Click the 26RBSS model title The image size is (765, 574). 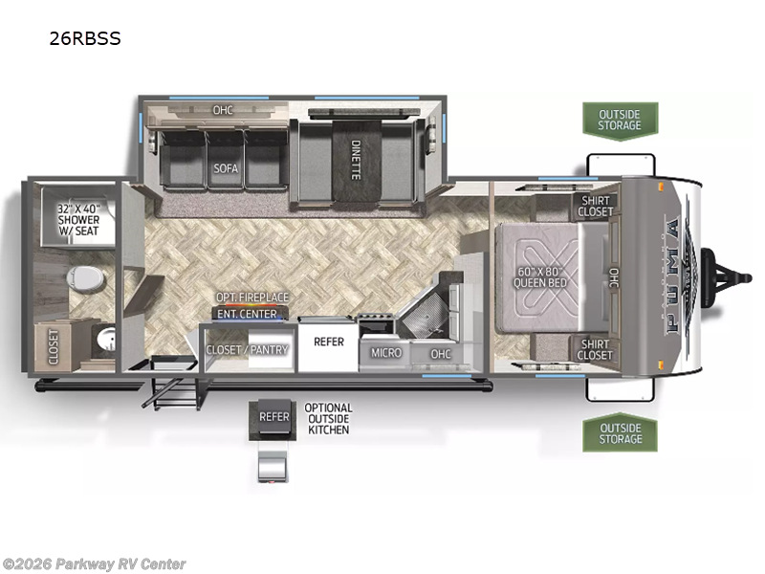coord(85,38)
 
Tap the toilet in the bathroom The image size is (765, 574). coord(85,278)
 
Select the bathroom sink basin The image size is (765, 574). coord(105,339)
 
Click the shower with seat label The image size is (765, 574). coord(78,220)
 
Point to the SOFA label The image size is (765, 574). coord(226,168)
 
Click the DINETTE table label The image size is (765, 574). coord(356,160)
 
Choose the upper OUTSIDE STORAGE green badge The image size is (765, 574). coord(620,121)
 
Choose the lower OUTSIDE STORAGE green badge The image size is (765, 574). coord(620,433)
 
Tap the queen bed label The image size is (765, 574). coord(540,277)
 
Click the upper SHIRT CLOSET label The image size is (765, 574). coord(596,206)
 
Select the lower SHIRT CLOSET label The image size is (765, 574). coord(595,349)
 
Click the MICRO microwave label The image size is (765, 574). coord(386,352)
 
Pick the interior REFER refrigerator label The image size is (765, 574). coord(329,342)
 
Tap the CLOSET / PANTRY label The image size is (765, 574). coord(247,349)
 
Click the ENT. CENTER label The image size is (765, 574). coord(247,314)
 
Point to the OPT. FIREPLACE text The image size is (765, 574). coord(252,297)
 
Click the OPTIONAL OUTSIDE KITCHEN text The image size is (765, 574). coord(328,419)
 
